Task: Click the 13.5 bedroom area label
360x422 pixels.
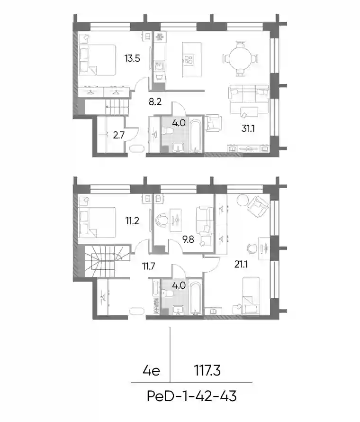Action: [132, 58]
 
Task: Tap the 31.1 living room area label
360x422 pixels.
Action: [248, 128]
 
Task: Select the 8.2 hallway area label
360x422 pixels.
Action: [155, 101]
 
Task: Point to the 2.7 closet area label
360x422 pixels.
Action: [118, 135]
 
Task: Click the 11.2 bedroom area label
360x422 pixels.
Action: [132, 221]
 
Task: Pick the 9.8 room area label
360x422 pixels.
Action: [188, 239]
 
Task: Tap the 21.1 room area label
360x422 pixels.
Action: [241, 264]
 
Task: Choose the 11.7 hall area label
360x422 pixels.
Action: [149, 266]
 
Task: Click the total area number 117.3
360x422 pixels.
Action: [207, 371]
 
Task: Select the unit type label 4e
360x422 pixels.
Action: [152, 371]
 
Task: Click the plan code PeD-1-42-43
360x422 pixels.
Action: [192, 396]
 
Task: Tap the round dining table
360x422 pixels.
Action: [241, 58]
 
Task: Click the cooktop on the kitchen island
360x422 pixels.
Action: [189, 59]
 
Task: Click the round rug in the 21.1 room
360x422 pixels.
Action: [243, 200]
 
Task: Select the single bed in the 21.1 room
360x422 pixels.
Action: [251, 296]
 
